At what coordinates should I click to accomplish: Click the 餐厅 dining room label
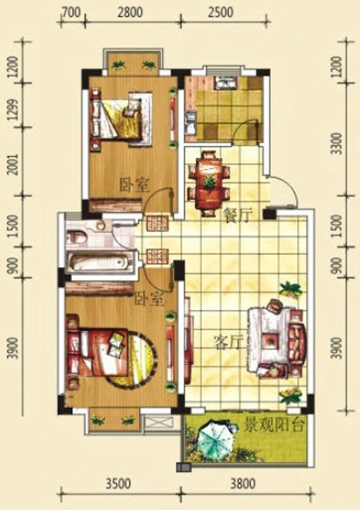click(239, 215)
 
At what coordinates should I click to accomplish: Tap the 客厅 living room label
click(229, 342)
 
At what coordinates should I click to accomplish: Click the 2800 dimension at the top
click(130, 12)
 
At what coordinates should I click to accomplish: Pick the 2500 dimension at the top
click(221, 12)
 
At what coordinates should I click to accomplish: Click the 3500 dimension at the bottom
click(118, 484)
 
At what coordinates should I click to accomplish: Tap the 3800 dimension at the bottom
click(243, 484)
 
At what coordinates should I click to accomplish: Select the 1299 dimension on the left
click(13, 110)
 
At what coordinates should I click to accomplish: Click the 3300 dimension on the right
click(338, 143)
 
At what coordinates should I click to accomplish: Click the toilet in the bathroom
click(76, 236)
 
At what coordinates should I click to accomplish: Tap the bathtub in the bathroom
click(100, 263)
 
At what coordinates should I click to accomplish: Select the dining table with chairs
click(209, 183)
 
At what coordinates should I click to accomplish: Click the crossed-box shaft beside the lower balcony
click(159, 424)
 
